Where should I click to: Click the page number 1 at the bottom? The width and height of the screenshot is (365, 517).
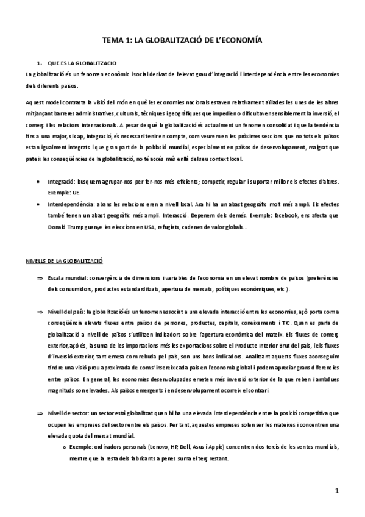click(336, 490)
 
